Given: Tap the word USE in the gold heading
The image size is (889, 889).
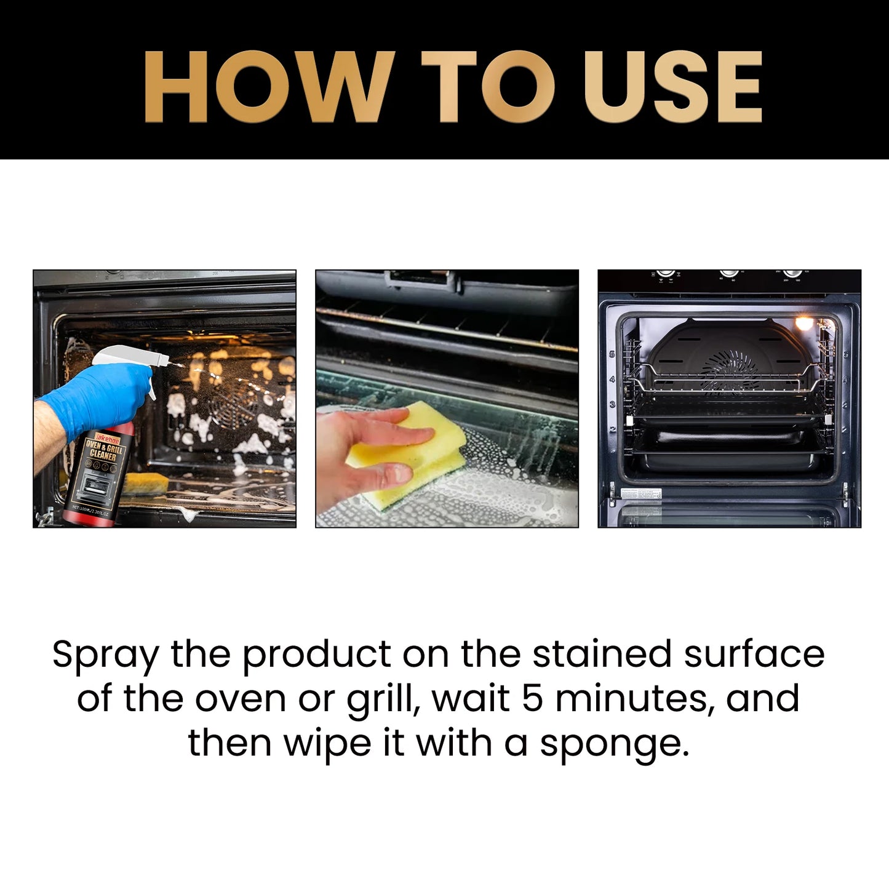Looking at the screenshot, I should click(x=673, y=87).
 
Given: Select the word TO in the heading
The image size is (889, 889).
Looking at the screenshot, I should click(x=487, y=87).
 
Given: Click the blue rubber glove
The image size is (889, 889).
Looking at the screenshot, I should click(x=98, y=397).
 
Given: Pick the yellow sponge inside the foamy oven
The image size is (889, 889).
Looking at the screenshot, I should click(x=145, y=484).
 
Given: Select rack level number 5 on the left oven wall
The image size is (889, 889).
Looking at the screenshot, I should click(x=612, y=354).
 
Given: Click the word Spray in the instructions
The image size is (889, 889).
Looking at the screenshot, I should click(x=105, y=655).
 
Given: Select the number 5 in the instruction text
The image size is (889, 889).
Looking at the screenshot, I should click(x=533, y=698).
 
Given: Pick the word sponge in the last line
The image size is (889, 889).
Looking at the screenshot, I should click(x=614, y=744).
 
